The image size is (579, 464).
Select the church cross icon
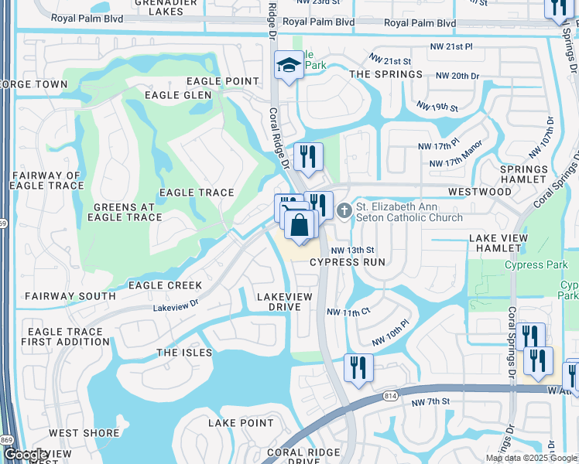pos(344,209)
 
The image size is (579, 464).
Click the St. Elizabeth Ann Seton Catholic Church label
pos(409,213)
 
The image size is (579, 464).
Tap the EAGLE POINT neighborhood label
pos(223,81)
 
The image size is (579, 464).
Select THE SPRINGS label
pos(386,74)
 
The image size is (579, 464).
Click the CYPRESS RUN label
pos(348,263)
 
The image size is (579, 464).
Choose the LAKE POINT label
pos(241,423)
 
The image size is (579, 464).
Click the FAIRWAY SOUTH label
pos(70,296)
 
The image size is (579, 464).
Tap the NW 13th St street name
pos(352,251)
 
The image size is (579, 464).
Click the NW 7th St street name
pos(430,402)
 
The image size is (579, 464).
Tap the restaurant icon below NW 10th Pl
pos(358,367)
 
